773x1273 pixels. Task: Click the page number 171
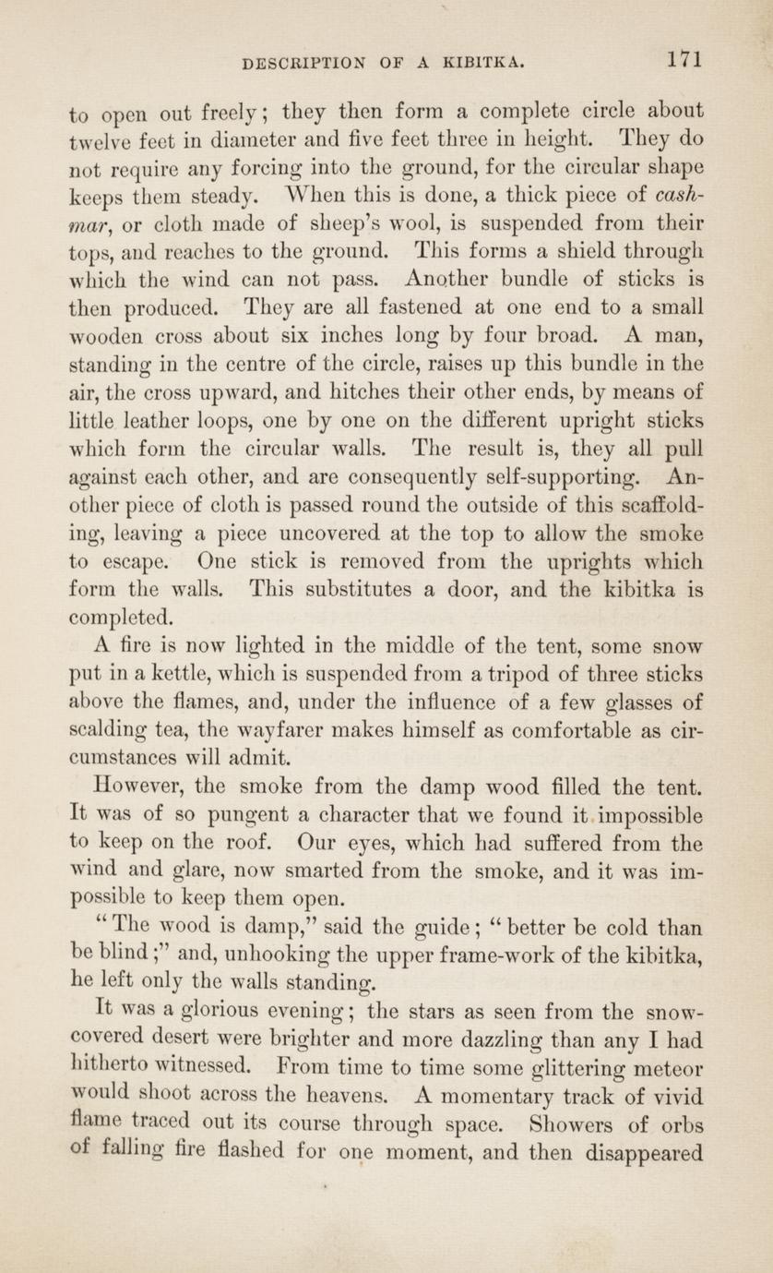coord(686,59)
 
